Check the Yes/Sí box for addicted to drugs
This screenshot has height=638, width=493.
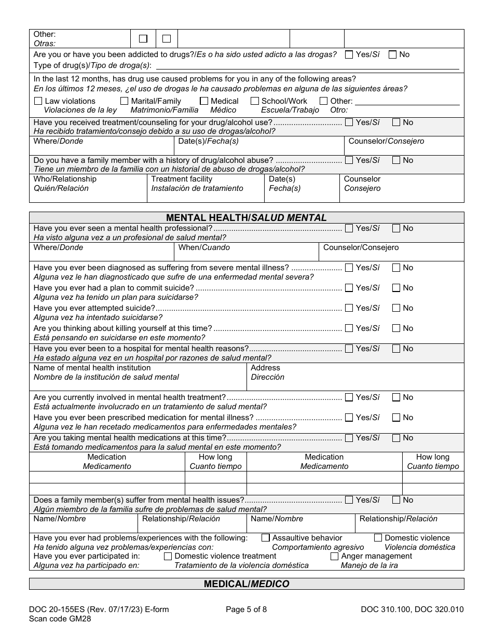pos(349,54)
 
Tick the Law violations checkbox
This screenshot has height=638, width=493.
pos(38,101)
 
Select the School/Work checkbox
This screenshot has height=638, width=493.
pos(255,101)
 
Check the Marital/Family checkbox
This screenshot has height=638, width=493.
pos(125,101)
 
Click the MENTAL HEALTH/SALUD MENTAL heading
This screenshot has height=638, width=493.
pos(246,218)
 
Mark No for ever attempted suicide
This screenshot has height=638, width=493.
pos(396,308)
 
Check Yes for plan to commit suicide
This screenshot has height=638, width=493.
pos(349,288)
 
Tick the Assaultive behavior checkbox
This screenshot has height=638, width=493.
pos(266,538)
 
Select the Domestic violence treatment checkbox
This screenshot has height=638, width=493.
pos(168,556)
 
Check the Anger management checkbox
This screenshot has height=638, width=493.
pos(335,556)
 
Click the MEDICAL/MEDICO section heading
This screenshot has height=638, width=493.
pos(246,584)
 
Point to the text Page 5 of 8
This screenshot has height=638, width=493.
pos(246,609)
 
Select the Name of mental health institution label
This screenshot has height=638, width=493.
pos(85,368)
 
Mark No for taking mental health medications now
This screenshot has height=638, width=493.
pos(396,438)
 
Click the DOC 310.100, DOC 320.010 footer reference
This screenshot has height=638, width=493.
pos(412,609)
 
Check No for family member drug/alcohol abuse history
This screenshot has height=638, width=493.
pos(396,160)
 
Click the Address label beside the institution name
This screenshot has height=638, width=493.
pos(265,368)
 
